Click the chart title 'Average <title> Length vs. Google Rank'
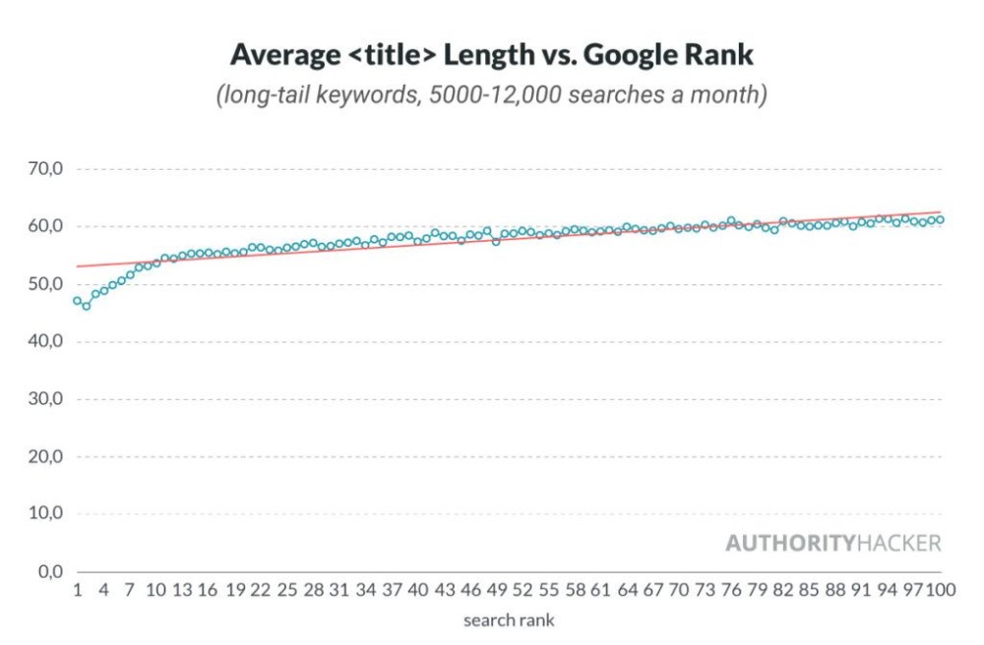[x=492, y=54]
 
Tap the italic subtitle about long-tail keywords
[x=492, y=96]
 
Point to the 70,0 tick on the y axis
[x=43, y=169]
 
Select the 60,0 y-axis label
[x=43, y=227]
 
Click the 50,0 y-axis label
[x=43, y=284]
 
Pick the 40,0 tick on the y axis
[x=43, y=342]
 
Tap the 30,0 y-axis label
[x=43, y=399]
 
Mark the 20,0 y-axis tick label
[x=43, y=457]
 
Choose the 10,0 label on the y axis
[x=43, y=514]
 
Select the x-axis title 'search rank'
[x=509, y=620]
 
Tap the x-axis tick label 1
[x=77, y=590]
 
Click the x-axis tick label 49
[x=496, y=590]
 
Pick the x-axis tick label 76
[x=731, y=590]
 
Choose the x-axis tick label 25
[x=286, y=590]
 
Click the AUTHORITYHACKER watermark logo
[x=832, y=543]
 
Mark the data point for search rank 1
[x=77, y=301]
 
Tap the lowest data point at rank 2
[x=86, y=307]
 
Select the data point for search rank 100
[x=941, y=219]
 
